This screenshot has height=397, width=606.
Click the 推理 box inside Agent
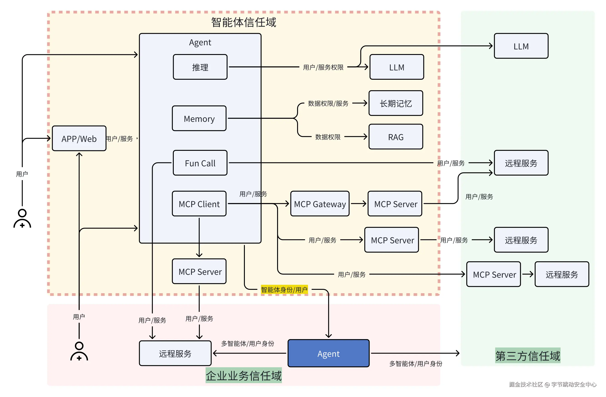point(200,67)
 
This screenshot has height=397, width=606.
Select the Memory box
point(199,118)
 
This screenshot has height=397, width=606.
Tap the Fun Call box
point(200,163)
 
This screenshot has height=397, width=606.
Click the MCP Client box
point(199,204)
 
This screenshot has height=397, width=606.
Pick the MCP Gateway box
point(320,204)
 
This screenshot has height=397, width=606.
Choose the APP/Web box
point(79,139)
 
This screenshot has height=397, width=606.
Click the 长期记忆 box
point(396,103)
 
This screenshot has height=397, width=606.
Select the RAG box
point(396,137)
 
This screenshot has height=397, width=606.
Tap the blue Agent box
point(328,353)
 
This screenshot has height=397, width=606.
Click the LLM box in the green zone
point(521,46)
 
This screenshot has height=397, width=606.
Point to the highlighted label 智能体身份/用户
point(284,290)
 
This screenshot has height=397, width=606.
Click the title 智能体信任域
point(244,22)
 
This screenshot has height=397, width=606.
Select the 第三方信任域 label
point(528,356)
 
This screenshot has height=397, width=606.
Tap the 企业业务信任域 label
point(244,376)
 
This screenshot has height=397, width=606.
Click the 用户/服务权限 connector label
point(323,67)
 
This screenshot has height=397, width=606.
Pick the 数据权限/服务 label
point(328,103)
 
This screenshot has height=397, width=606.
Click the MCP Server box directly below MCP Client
point(199,271)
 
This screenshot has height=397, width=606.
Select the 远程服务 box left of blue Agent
point(175,353)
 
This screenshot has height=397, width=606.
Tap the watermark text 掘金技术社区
point(526,385)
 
